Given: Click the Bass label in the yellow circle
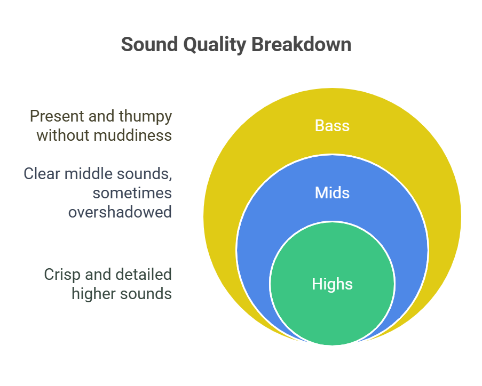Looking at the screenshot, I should point(332,126).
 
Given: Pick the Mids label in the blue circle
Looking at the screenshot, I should point(332,192).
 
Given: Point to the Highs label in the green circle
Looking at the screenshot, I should point(332,284).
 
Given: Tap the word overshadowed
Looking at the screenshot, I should point(120,212).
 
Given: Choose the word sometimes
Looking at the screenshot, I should point(137,192).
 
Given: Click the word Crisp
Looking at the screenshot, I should point(61,275).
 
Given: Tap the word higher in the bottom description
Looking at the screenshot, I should point(94,294).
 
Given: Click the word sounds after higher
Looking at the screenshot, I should point(146,294).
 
